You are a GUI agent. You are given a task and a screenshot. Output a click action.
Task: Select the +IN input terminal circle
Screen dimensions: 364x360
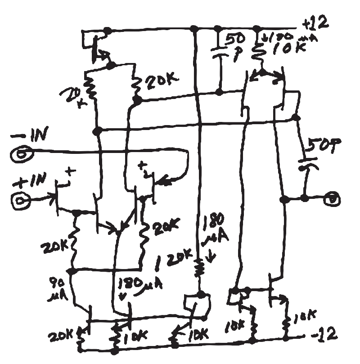coord(21,200)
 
